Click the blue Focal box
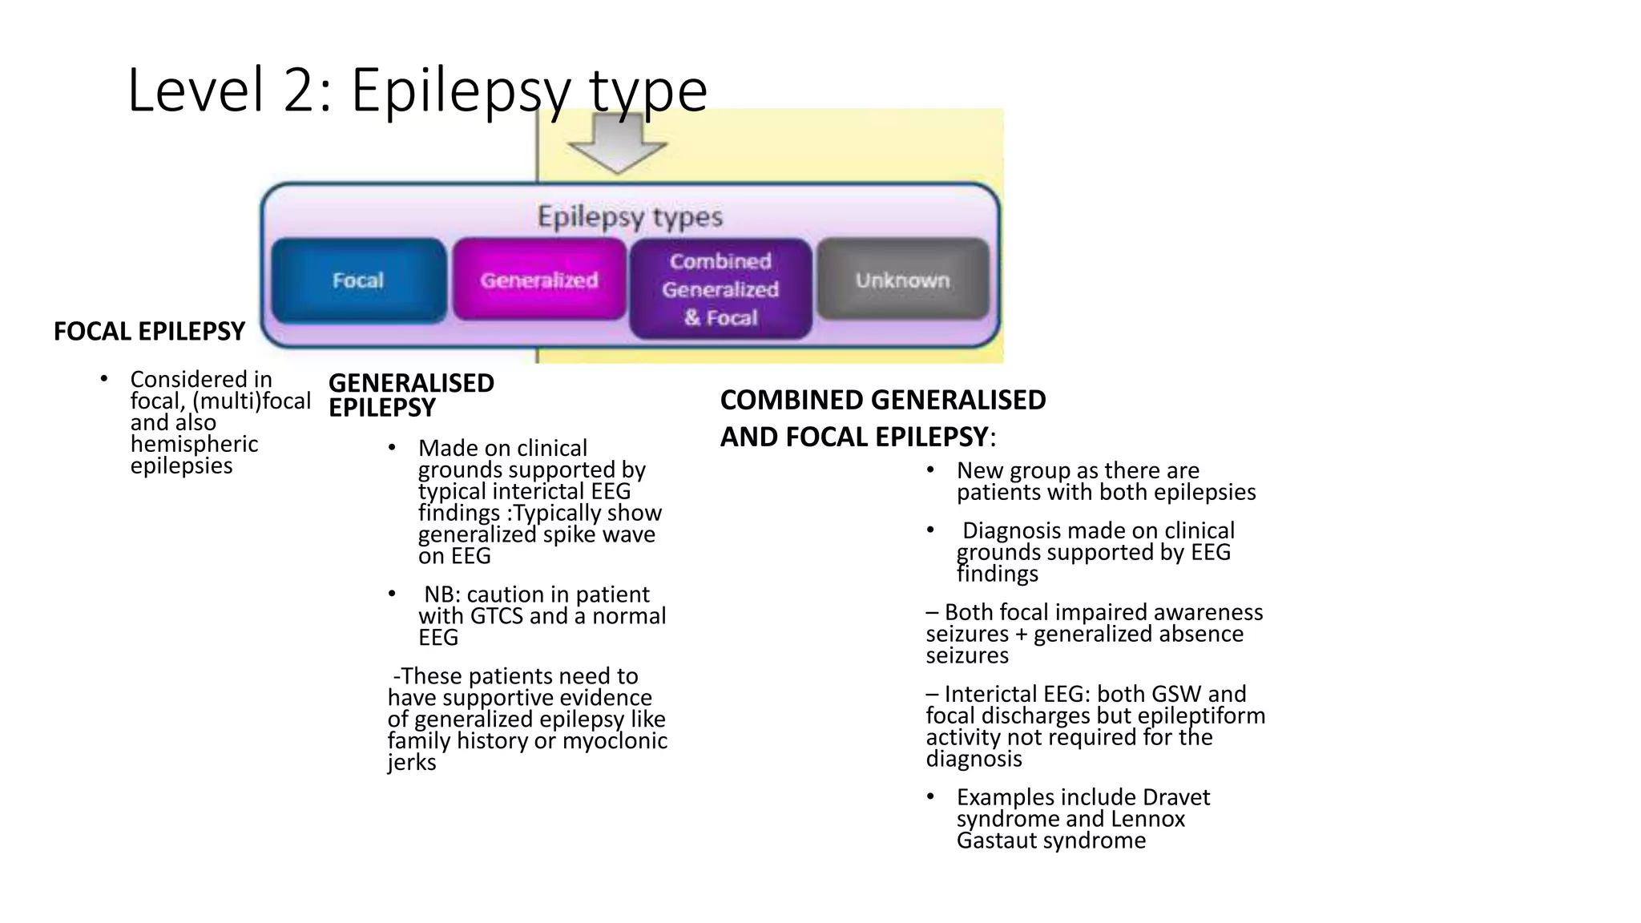[358, 280]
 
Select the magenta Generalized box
[539, 280]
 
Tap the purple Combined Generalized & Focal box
[720, 289]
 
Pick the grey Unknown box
[902, 280]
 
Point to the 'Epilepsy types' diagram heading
[630, 216]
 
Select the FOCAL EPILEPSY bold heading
[149, 331]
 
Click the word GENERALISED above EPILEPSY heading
[411, 383]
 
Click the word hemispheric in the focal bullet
[194, 445]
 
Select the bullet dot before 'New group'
[930, 470]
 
